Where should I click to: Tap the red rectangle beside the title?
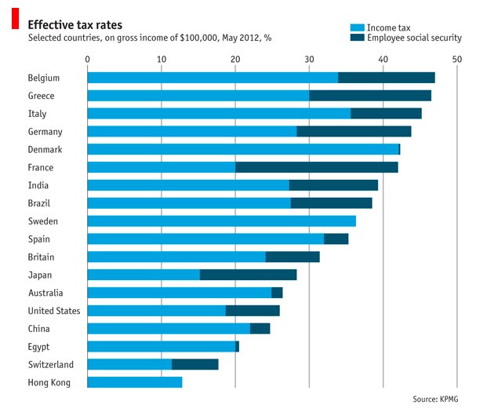point(14,20)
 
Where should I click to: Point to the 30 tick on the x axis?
point(309,59)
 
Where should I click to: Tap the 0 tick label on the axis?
point(87,59)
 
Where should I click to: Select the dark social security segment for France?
point(317,167)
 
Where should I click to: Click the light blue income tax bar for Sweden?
point(221,221)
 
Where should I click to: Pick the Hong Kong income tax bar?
point(134,382)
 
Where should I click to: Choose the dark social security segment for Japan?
point(248,275)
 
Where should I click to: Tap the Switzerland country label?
point(50,364)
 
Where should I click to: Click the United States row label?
point(53,311)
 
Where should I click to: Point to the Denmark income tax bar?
point(242,149)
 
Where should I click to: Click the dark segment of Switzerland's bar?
point(194,364)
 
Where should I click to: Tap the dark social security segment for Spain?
point(336,239)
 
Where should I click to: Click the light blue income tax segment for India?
point(187,185)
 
